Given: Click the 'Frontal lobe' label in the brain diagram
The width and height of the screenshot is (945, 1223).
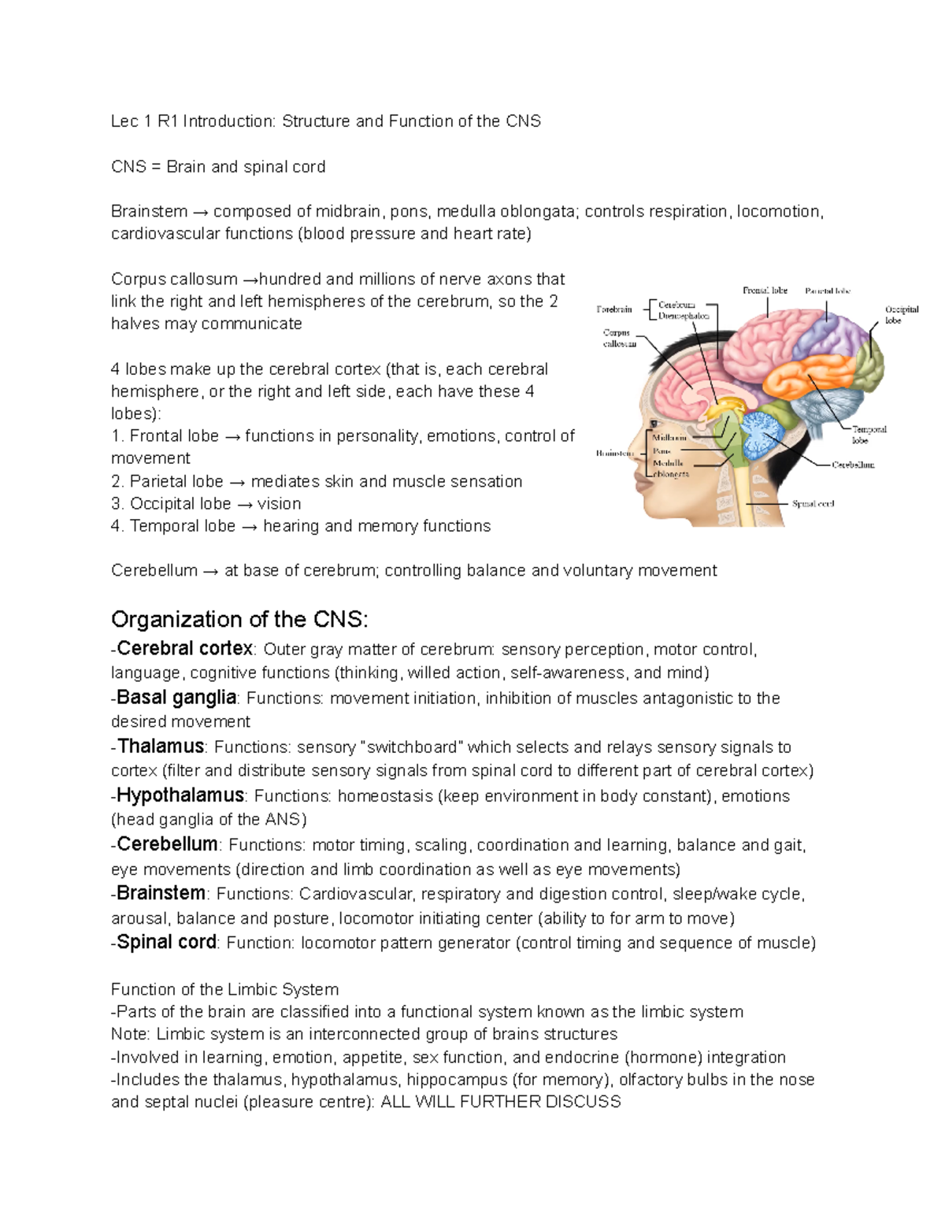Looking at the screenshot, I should click(765, 291).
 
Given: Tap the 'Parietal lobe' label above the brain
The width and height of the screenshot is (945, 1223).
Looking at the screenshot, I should click(828, 291).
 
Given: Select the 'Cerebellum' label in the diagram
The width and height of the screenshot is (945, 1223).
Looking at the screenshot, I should click(854, 465).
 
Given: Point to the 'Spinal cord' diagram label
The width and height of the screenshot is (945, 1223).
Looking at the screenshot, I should click(813, 503).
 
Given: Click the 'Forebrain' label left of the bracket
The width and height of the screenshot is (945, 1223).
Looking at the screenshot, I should click(614, 309).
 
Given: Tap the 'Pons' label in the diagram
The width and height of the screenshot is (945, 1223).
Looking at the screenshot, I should click(661, 451).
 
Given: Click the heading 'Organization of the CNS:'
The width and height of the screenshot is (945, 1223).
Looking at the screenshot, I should click(239, 620).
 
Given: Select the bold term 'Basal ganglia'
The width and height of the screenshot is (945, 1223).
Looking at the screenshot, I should click(176, 697).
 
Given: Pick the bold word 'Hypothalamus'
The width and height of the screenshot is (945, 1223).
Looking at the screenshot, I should click(180, 795).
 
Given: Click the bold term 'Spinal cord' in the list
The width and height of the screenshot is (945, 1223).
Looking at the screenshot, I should click(166, 942).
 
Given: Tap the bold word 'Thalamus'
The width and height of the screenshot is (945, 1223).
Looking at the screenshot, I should click(161, 746).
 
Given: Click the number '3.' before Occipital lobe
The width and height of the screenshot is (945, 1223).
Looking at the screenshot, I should click(117, 504).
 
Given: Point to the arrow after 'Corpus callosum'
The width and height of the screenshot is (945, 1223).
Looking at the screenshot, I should click(250, 280).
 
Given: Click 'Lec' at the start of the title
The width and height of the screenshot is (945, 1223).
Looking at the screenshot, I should click(124, 121).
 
